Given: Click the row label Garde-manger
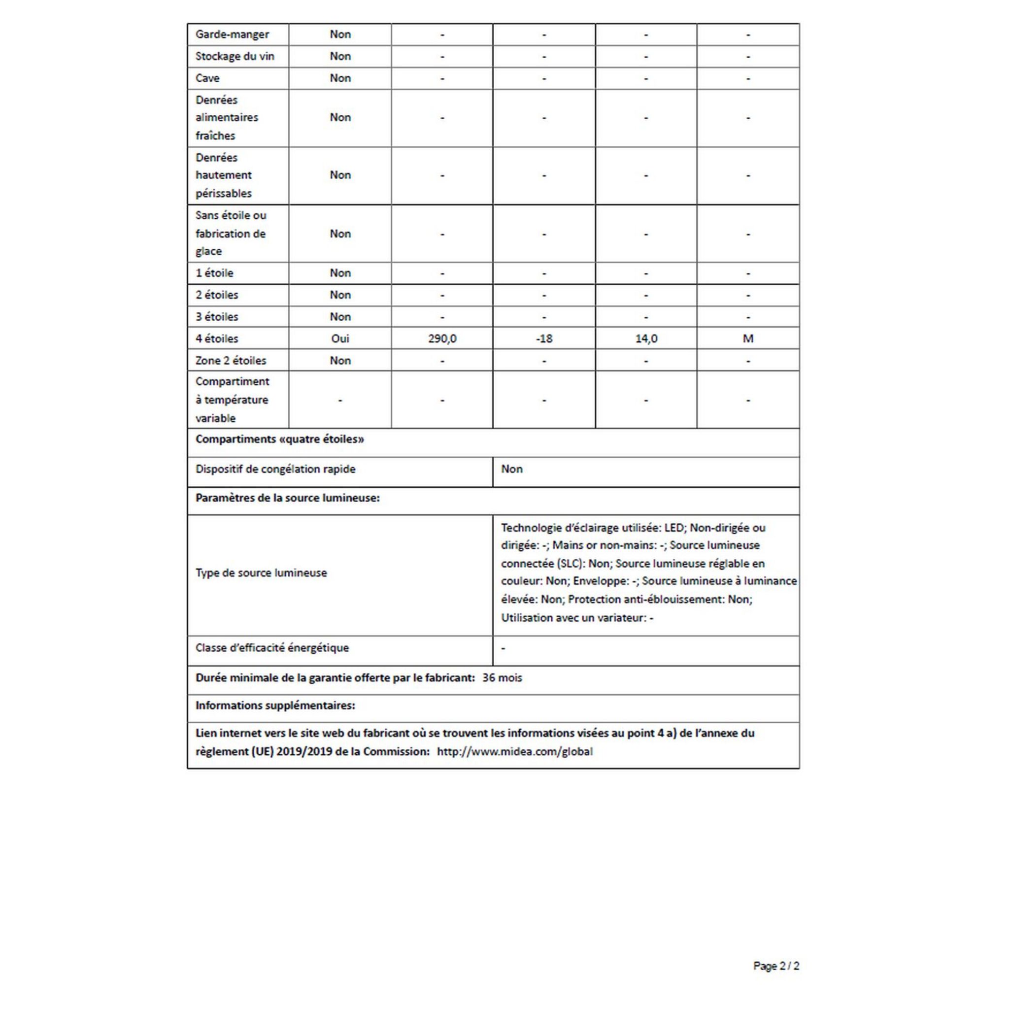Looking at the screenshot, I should tap(232, 34).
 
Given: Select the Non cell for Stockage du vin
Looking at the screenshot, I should tap(340, 56).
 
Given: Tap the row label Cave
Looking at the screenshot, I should tap(207, 78).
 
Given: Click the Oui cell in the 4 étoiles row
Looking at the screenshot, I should tap(340, 339).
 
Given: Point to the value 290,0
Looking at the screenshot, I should tap(442, 339).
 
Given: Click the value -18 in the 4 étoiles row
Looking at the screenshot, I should tap(544, 339).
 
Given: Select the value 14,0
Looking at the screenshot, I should tap(646, 339).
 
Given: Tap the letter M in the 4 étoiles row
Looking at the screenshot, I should tap(748, 339).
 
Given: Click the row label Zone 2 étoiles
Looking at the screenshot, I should tap(230, 361).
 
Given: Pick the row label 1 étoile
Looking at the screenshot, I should tap(214, 273).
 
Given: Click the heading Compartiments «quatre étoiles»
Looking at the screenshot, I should tap(279, 439).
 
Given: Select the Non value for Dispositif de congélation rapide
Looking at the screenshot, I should tap(511, 469).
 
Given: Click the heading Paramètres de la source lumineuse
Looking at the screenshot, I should tap(287, 498).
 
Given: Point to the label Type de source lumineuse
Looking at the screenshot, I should tap(261, 573).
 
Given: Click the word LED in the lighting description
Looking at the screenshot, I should tap(673, 528).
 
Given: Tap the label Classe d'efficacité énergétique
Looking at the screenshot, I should tap(271, 648).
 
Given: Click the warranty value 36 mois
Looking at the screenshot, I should tap(502, 678).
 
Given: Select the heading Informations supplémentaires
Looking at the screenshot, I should tap(275, 706).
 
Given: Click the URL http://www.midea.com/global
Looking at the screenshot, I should tap(514, 752).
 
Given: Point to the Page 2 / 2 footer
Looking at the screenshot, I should tap(775, 966).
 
